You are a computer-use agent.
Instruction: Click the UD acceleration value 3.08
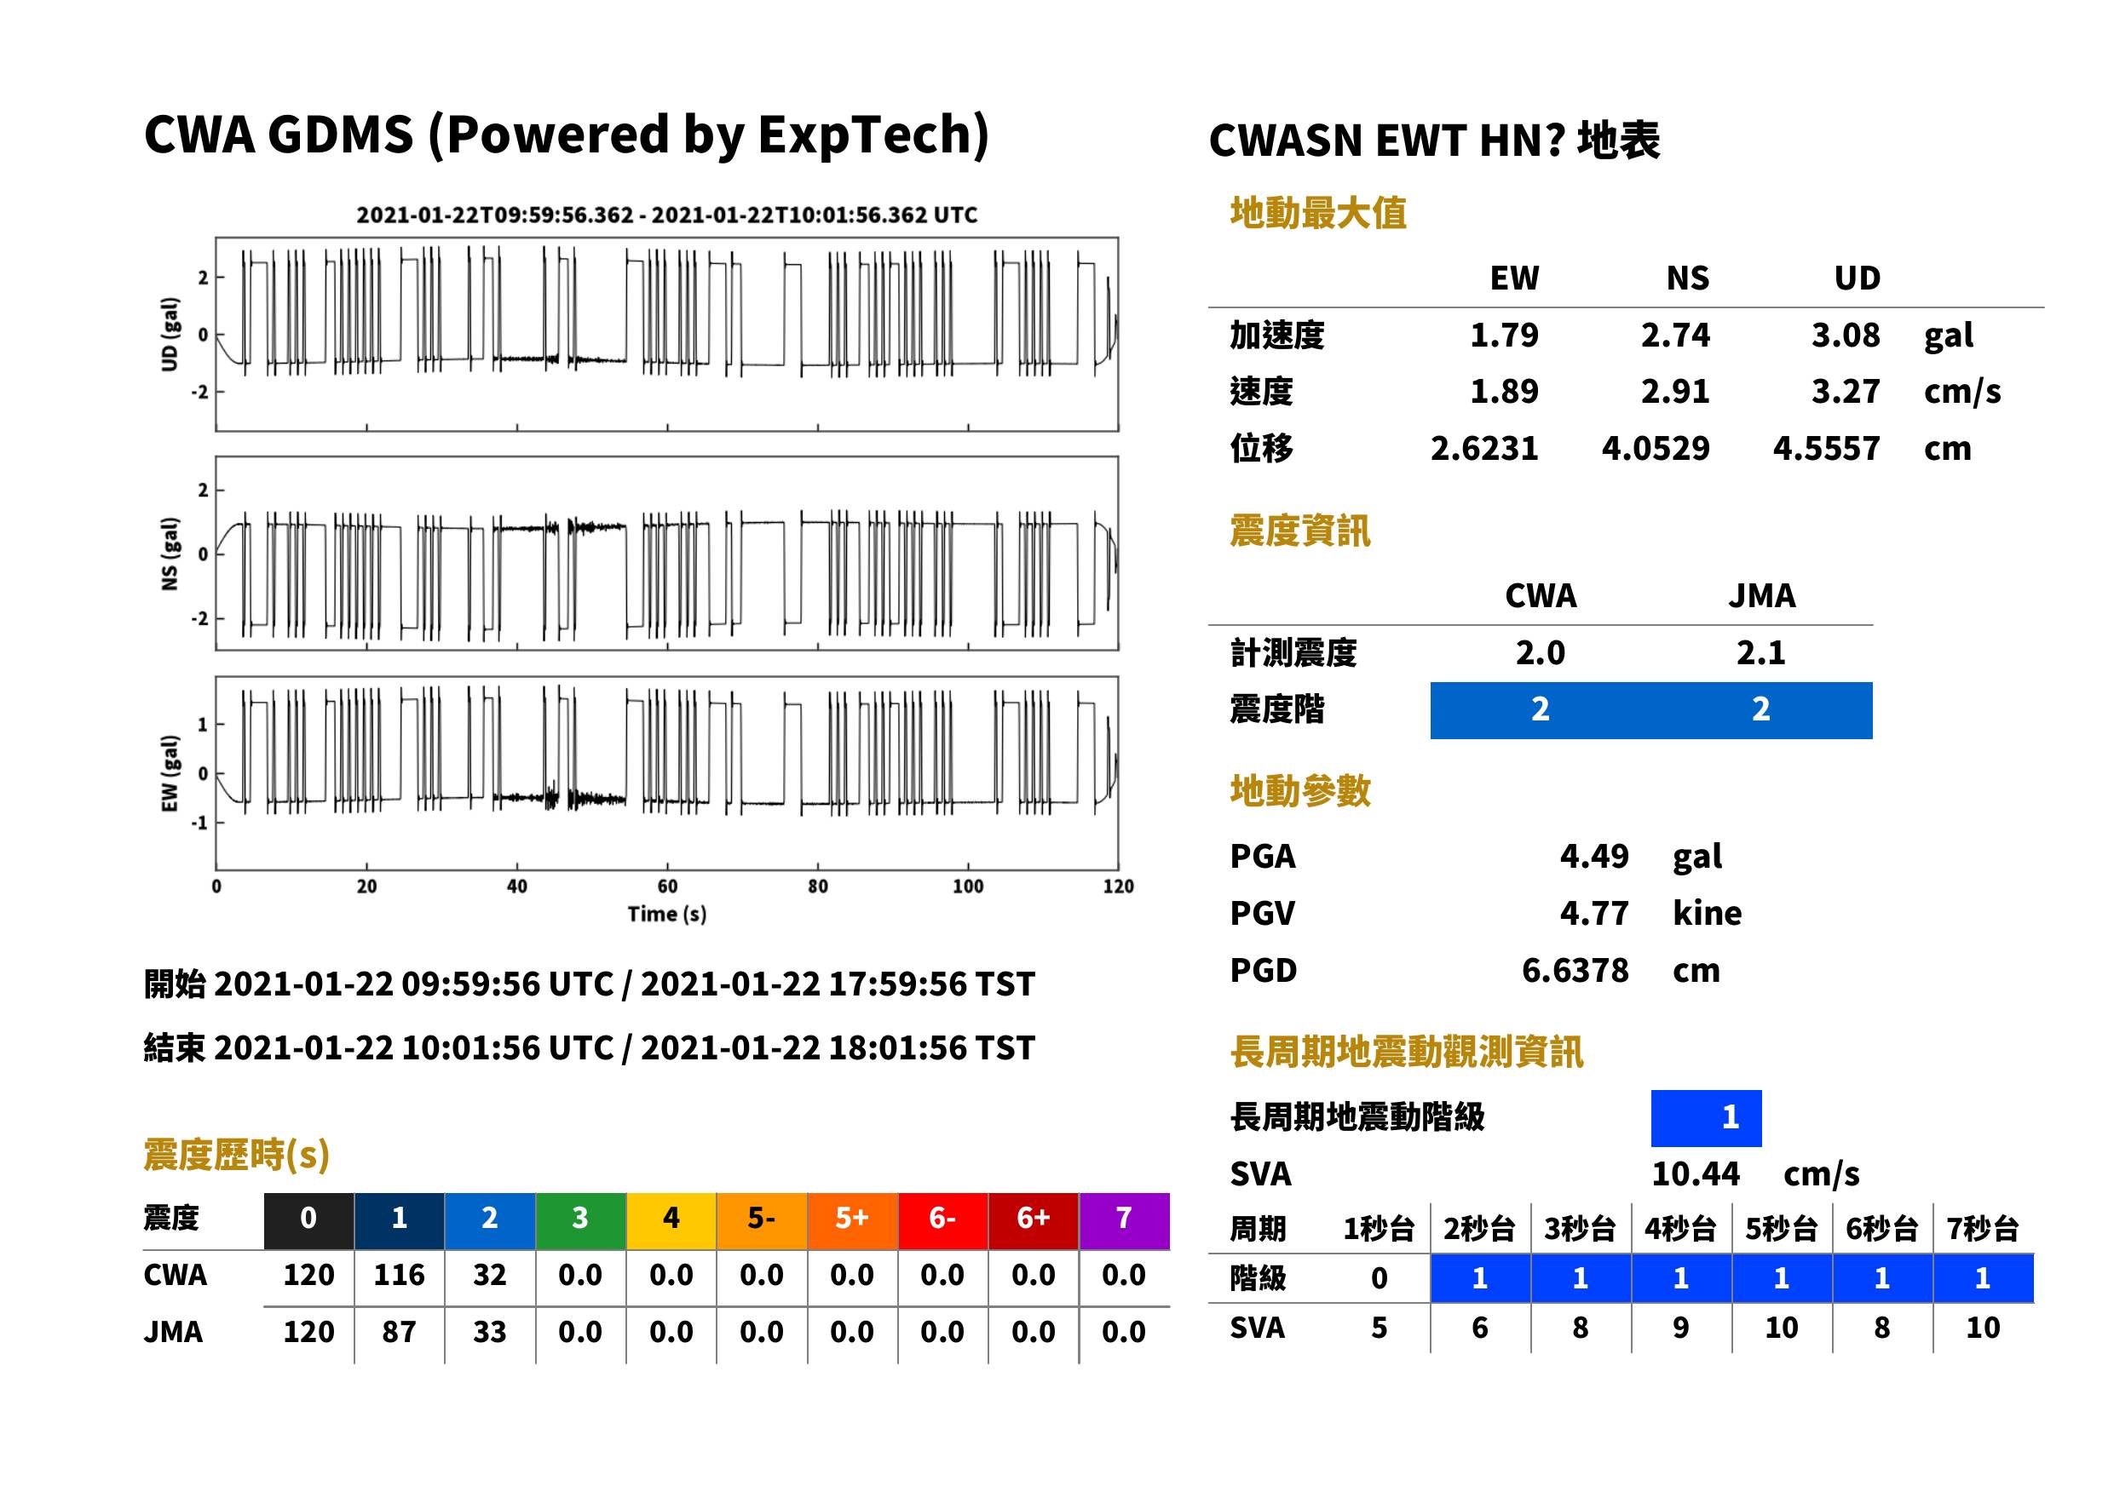[x=1845, y=335]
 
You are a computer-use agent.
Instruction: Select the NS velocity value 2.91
[x=1674, y=391]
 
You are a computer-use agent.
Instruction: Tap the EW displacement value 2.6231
[x=1483, y=448]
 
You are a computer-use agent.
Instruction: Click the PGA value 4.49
[x=1593, y=856]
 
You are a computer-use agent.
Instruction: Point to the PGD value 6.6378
[x=1575, y=970]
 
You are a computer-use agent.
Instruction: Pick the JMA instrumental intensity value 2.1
[x=1760, y=652]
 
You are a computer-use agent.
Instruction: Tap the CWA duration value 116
[x=399, y=1275]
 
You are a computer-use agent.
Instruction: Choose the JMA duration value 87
[x=399, y=1332]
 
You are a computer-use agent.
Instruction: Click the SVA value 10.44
[x=1695, y=1173]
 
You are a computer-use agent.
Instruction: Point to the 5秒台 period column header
[x=1780, y=1228]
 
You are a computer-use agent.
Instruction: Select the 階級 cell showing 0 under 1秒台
[x=1379, y=1277]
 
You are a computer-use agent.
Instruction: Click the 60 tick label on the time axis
[x=667, y=886]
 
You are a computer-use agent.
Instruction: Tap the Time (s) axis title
[x=666, y=915]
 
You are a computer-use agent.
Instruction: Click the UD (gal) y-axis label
[x=170, y=335]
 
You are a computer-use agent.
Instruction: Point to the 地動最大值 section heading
[x=1318, y=213]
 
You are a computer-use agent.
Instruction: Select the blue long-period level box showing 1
[x=1706, y=1118]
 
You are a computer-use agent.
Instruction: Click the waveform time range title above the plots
[x=666, y=215]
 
